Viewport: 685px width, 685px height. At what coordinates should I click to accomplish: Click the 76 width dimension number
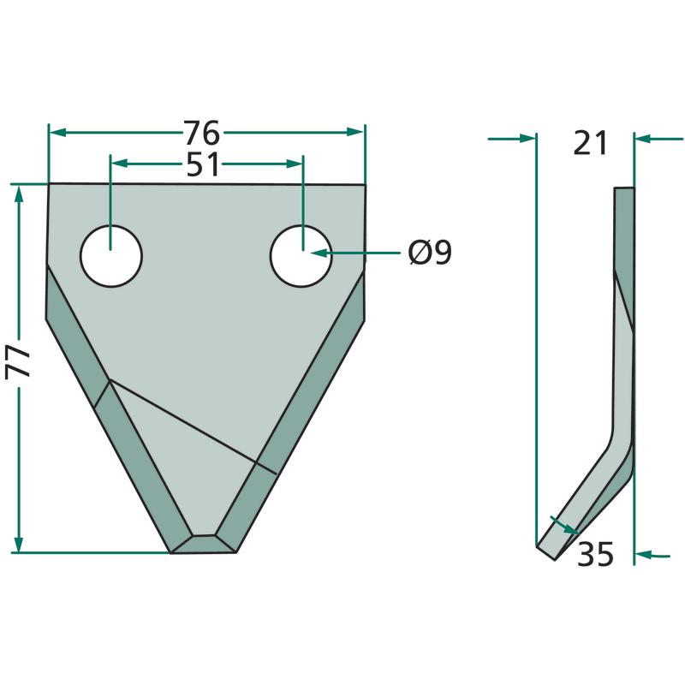(201, 133)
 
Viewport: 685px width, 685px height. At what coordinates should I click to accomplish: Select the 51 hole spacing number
(202, 164)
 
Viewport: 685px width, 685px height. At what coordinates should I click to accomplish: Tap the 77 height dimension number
(18, 360)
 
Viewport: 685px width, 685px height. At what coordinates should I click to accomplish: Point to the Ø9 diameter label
(430, 252)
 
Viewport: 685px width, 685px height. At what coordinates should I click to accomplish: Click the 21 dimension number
(590, 143)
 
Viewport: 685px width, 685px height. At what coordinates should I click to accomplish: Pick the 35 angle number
(595, 554)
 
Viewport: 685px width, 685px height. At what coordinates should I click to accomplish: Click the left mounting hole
(111, 256)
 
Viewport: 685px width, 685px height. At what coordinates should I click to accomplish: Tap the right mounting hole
(301, 256)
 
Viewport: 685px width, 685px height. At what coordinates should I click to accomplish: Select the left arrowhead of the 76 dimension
(57, 132)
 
